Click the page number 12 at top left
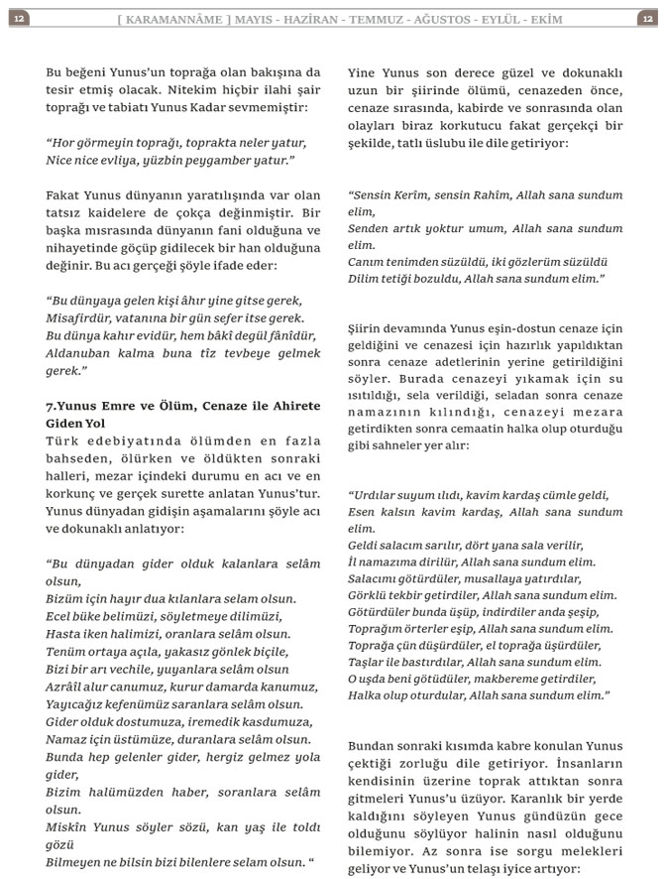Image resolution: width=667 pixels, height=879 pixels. point(19,18)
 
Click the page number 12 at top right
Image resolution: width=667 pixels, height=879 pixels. point(647,18)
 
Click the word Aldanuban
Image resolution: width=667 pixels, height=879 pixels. point(82,353)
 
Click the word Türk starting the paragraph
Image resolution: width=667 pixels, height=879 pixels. point(63,440)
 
